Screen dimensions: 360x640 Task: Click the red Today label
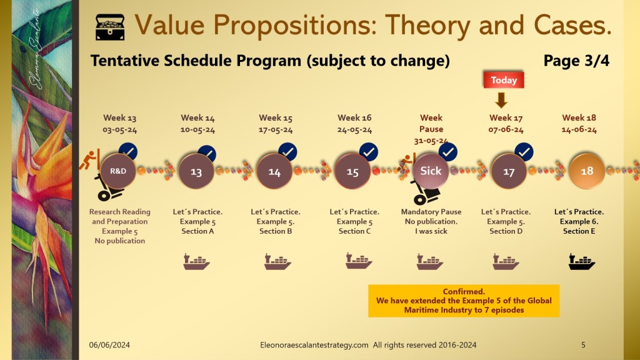pos(503,80)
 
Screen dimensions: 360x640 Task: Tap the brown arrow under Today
pos(501,100)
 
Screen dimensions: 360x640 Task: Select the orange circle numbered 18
pos(586,171)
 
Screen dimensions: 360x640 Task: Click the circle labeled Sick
pos(431,171)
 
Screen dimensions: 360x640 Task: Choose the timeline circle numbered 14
pos(274,172)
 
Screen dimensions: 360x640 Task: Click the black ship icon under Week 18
pos(581,262)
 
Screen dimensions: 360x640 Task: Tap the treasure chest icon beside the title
pos(111,27)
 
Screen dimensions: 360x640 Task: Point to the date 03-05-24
pos(119,130)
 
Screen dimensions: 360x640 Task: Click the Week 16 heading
pos(354,117)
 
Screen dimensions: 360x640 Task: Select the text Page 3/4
pos(576,61)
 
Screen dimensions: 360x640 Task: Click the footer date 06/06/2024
pos(109,344)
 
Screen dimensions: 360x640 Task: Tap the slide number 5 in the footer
pos(583,344)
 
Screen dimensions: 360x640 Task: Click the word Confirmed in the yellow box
pos(464,292)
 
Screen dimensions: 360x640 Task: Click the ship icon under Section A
pos(196,262)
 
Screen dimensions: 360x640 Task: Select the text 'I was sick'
pos(431,231)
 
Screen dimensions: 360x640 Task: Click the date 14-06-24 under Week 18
pos(579,130)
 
